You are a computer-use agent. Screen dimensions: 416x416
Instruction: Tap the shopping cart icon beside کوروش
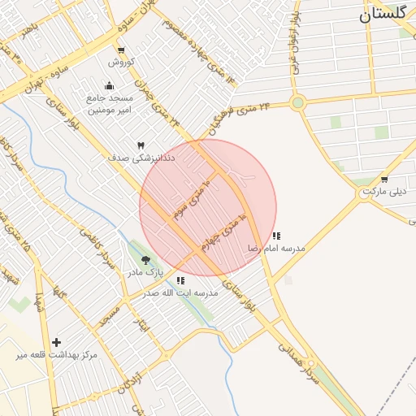[121, 50]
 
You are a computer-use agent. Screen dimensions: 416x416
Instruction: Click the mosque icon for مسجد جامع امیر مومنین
[110, 86]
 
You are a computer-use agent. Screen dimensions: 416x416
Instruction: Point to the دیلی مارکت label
[383, 191]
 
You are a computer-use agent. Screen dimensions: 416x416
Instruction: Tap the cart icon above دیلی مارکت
[384, 180]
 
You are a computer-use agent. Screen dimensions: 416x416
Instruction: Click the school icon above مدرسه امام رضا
[276, 236]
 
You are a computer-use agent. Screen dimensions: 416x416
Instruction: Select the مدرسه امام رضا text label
[282, 247]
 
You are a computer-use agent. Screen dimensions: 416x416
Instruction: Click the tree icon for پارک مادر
[145, 260]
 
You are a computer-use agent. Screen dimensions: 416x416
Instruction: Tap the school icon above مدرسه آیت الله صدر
[180, 280]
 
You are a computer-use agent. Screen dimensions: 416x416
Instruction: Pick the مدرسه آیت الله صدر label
[180, 292]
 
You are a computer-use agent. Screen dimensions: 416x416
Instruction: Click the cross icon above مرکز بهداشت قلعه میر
[56, 343]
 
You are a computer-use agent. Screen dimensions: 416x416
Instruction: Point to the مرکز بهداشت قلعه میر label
[56, 355]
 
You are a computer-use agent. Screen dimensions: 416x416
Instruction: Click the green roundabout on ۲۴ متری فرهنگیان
[298, 102]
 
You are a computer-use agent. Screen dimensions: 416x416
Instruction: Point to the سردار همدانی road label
[301, 357]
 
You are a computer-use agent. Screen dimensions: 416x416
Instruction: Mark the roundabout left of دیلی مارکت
[363, 193]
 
